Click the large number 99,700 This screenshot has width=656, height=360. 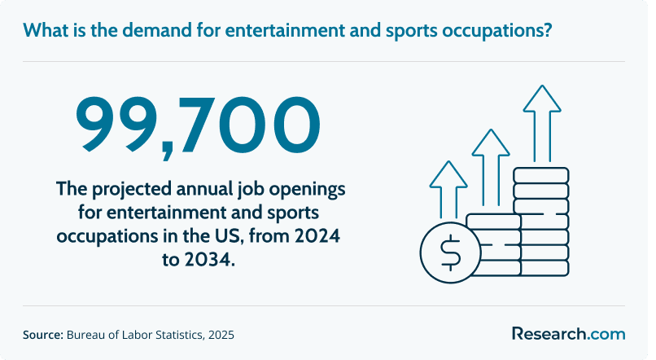pyautogui.click(x=198, y=126)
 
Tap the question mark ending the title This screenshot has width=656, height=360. pyautogui.click(x=547, y=30)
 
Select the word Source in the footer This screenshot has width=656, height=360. pyautogui.click(x=42, y=335)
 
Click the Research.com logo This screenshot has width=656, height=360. pyautogui.click(x=569, y=334)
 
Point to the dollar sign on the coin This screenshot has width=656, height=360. pyautogui.click(x=450, y=252)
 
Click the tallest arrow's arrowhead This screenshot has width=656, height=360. pyautogui.click(x=542, y=99)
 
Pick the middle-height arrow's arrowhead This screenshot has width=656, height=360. pyautogui.click(x=491, y=143)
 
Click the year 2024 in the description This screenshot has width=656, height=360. pyautogui.click(x=317, y=235)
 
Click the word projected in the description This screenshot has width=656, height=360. pyautogui.click(x=132, y=189)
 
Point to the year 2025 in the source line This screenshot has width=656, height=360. pyautogui.click(x=221, y=335)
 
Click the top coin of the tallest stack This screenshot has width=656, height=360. pyautogui.click(x=541, y=175)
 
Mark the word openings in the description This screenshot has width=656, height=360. pyautogui.click(x=307, y=189)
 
